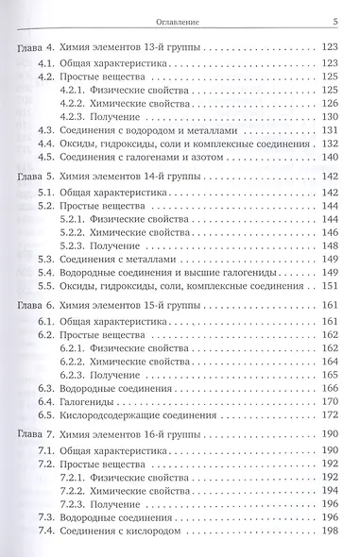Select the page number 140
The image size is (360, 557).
click(x=337, y=159)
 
